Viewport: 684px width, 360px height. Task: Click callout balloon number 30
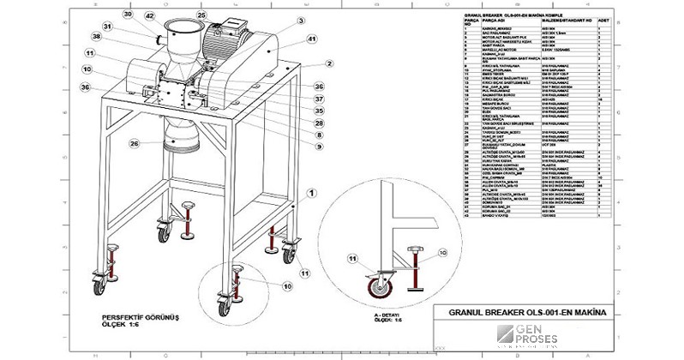pyautogui.click(x=128, y=15)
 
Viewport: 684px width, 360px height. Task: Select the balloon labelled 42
pyautogui.click(x=149, y=15)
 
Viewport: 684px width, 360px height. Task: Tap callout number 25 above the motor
pyautogui.click(x=201, y=15)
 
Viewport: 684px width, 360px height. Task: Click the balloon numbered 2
pyautogui.click(x=327, y=63)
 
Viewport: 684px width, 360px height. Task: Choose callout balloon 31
pyautogui.click(x=107, y=26)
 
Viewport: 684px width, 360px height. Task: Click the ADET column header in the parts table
pyautogui.click(x=603, y=17)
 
